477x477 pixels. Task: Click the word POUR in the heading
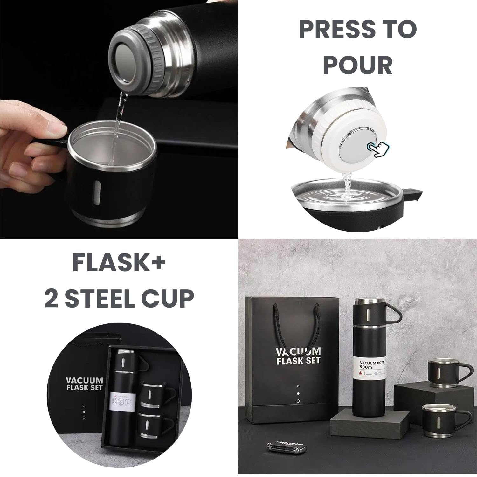click(357, 65)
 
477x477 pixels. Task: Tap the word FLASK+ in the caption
click(119, 262)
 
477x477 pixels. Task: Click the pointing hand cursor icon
click(378, 149)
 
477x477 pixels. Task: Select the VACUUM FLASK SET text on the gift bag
click(298, 356)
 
